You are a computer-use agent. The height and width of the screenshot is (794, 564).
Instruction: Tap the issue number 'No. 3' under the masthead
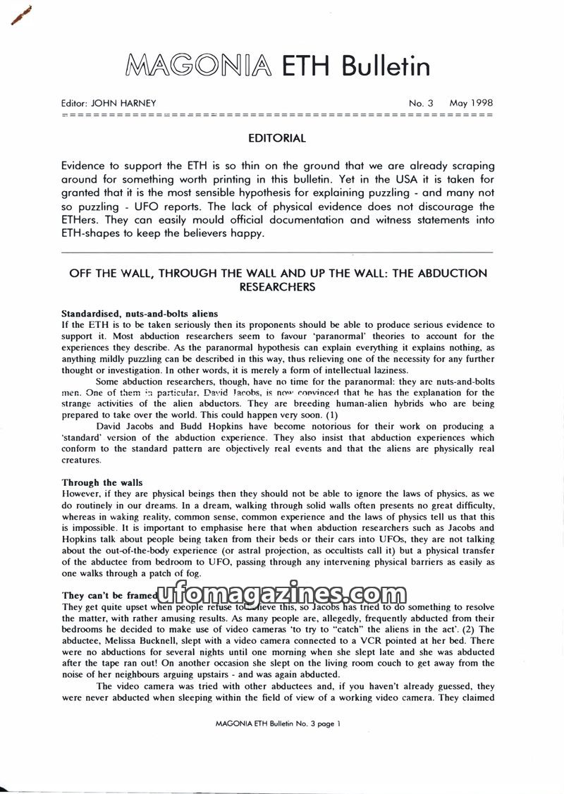pyautogui.click(x=422, y=104)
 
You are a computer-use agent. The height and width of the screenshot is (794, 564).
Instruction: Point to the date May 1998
pyautogui.click(x=471, y=104)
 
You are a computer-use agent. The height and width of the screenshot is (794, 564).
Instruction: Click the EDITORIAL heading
pyautogui.click(x=277, y=139)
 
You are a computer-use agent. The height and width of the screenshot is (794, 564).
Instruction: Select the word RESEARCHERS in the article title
pyautogui.click(x=277, y=287)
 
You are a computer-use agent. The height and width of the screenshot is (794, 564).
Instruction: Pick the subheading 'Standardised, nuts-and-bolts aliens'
pyautogui.click(x=140, y=314)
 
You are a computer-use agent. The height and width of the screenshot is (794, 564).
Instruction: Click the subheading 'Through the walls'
pyautogui.click(x=102, y=483)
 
